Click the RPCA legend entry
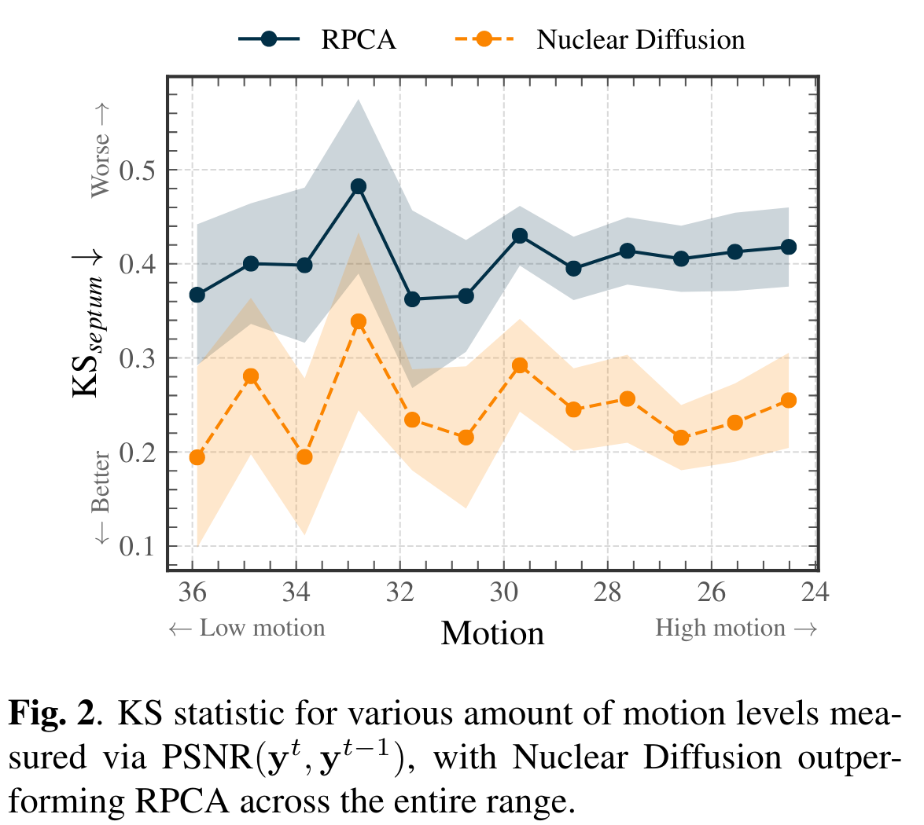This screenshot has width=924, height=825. coord(358,39)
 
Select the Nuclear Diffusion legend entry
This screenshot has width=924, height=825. coord(640,39)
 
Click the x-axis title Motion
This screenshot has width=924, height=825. coord(492,633)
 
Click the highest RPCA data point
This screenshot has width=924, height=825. coord(359,186)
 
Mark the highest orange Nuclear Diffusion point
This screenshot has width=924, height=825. coord(359,321)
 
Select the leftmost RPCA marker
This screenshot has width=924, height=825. coord(197,295)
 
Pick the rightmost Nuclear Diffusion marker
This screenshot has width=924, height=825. coord(789,400)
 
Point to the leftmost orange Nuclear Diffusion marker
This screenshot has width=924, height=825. coord(197,457)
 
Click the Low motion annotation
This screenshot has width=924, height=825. coord(247,629)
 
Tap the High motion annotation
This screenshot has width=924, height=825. coord(736,629)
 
